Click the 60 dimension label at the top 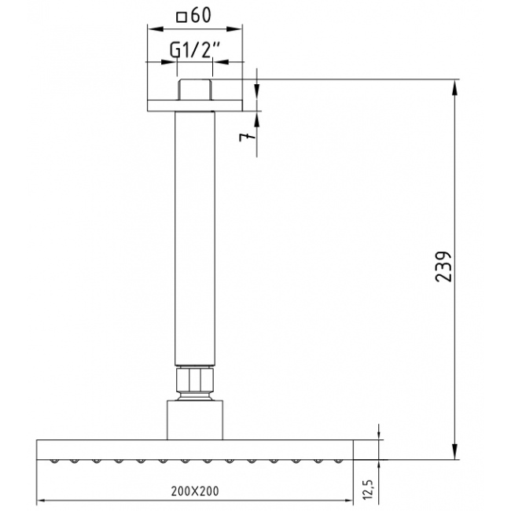pos(201,15)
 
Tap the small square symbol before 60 pos(181,17)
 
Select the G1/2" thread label pos(195,50)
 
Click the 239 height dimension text pos(443,267)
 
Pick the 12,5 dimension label pos(368,489)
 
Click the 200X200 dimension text pos(195,491)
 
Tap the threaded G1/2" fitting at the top pos(194,90)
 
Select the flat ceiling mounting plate pos(195,106)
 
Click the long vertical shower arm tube pos(195,238)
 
